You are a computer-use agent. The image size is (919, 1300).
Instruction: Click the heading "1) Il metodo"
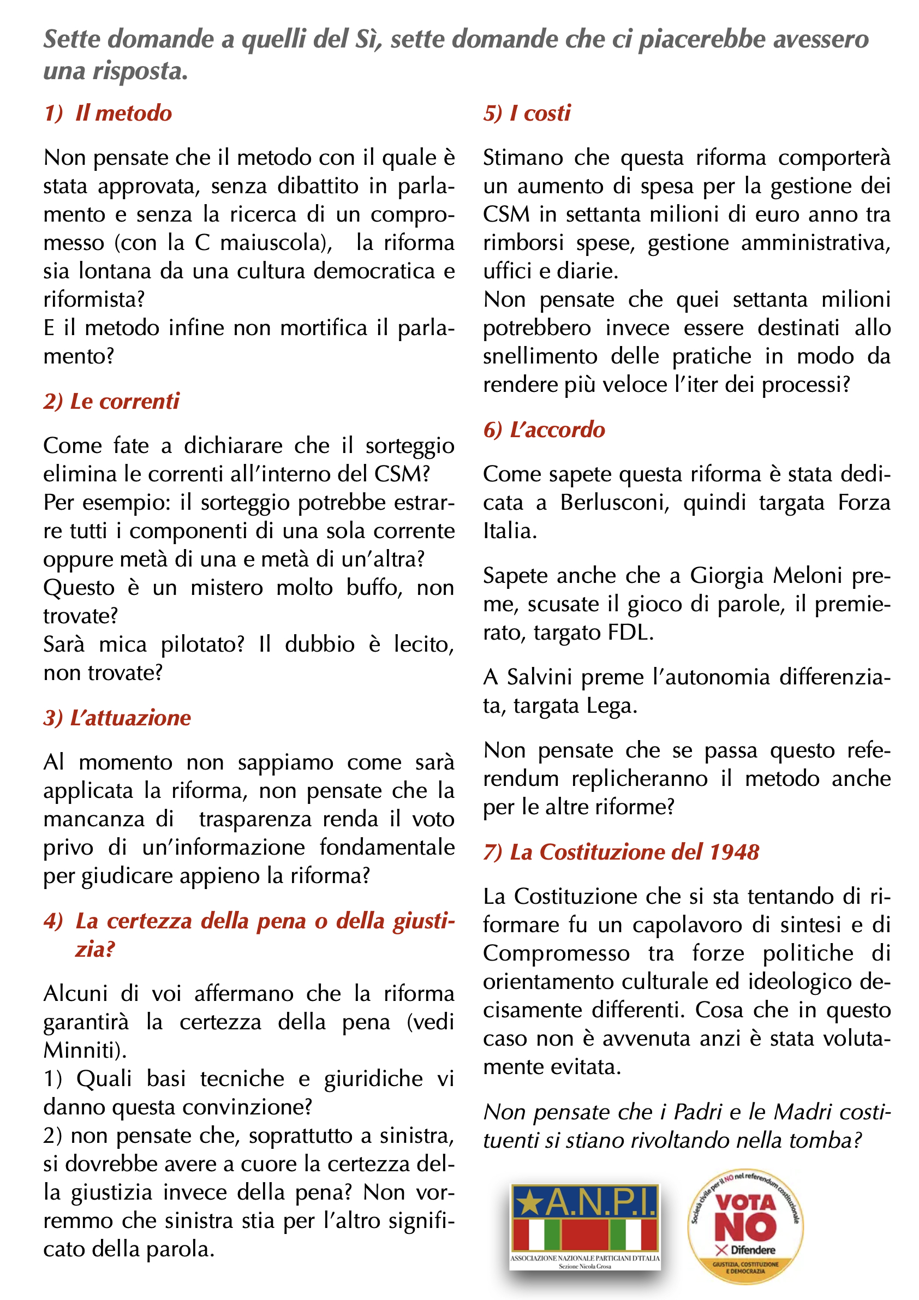pyautogui.click(x=108, y=113)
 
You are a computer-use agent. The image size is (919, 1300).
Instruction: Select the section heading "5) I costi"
pyautogui.click(x=527, y=113)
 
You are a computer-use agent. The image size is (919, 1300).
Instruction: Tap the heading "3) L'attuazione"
pyautogui.click(x=117, y=718)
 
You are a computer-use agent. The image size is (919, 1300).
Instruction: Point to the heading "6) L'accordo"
pyautogui.click(x=544, y=430)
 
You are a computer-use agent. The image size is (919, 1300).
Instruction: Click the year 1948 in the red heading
pyautogui.click(x=734, y=852)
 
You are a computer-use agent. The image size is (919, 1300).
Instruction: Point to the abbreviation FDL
pyautogui.click(x=630, y=633)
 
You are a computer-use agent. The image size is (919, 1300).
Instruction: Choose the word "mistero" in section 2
pyautogui.click(x=226, y=588)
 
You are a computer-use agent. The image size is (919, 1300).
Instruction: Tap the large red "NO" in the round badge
pyautogui.click(x=744, y=1227)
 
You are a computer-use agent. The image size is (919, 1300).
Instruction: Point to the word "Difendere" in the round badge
pyautogui.click(x=753, y=1250)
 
